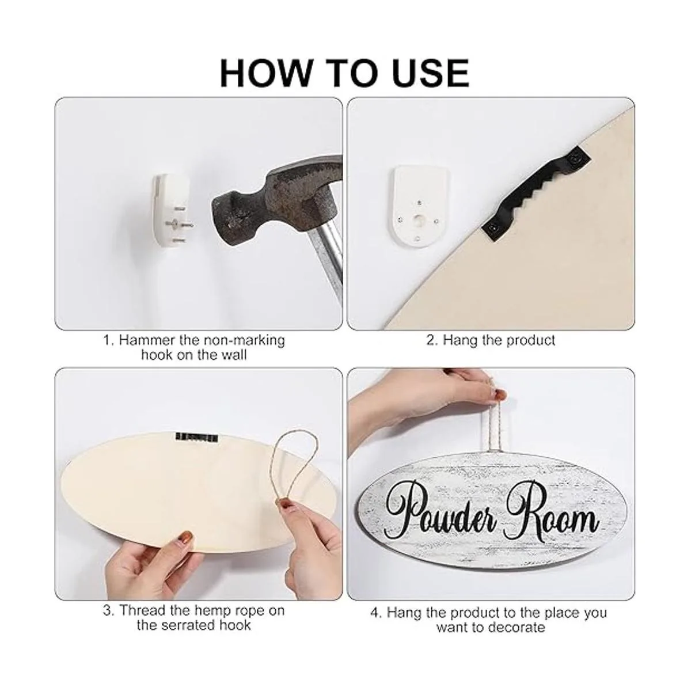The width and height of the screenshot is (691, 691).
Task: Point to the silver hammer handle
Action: [326, 258]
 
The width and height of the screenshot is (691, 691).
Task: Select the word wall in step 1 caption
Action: [234, 355]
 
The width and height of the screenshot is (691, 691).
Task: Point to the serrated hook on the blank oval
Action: [196, 437]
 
